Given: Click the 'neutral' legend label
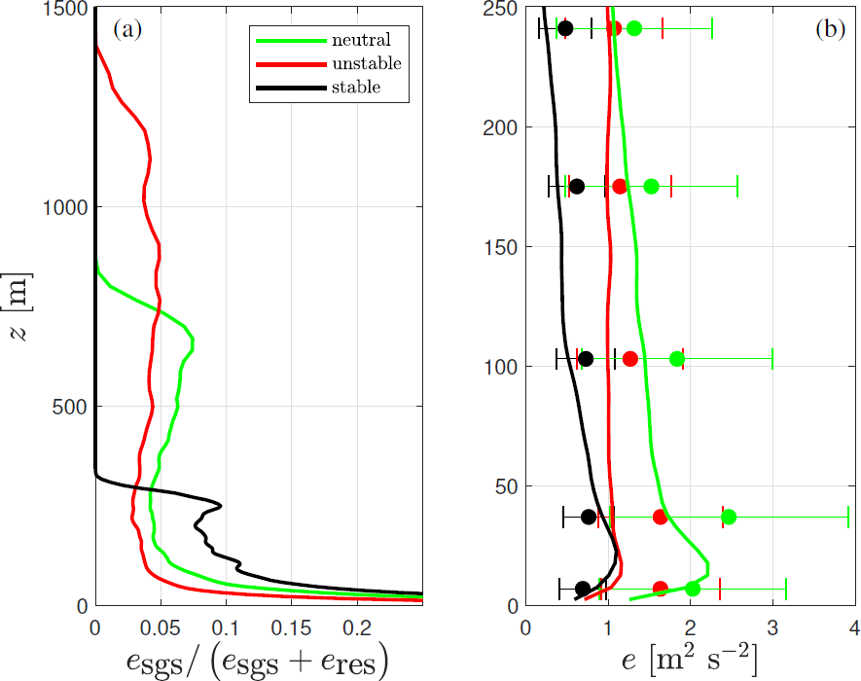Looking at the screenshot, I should coord(360,40).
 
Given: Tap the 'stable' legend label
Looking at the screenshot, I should coord(355,87).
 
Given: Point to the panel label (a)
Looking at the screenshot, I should coord(127,29).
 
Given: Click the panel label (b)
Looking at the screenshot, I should coord(830,29).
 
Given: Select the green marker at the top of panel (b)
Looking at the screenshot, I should coord(634,28).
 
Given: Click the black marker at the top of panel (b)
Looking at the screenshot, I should coord(565,28).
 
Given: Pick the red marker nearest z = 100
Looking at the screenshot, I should coord(629,359).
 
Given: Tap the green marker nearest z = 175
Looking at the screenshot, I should coord(651,186).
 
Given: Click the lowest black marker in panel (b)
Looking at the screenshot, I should coord(583,589).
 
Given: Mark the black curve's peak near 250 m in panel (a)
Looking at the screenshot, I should coord(221,506).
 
